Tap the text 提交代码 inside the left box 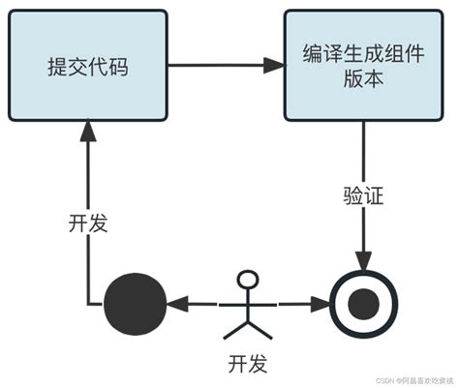[87, 67]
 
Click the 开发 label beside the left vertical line [87, 223]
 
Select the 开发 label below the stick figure [249, 364]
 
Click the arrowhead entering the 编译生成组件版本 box [274, 66]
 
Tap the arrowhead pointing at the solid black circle [173, 304]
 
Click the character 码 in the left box [117, 67]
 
